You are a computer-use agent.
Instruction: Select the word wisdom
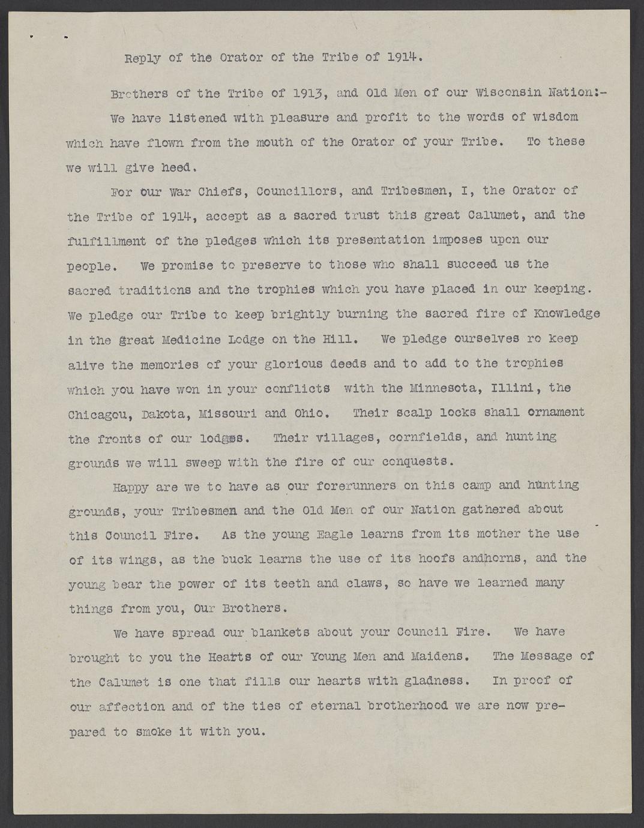click(x=555, y=116)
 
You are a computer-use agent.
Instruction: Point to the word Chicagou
click(x=100, y=414)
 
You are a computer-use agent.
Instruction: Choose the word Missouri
click(x=227, y=414)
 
